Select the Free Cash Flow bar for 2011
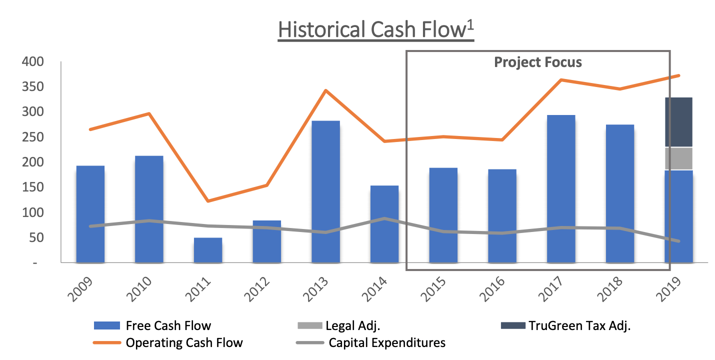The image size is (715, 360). coord(208,250)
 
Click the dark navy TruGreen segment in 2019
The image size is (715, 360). coord(678,122)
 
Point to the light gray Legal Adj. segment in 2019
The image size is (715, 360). coord(678,158)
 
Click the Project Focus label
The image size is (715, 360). coord(538,62)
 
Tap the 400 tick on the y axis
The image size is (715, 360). coord(32,62)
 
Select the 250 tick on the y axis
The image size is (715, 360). coord(32,137)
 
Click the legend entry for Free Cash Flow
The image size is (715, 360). coord(168,326)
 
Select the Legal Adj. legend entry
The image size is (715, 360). coord(352,326)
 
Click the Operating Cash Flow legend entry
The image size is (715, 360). coord(184,343)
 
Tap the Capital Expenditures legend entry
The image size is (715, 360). coord(386,343)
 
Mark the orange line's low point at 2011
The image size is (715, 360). coord(207,201)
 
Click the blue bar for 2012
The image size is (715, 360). coord(267,241)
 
